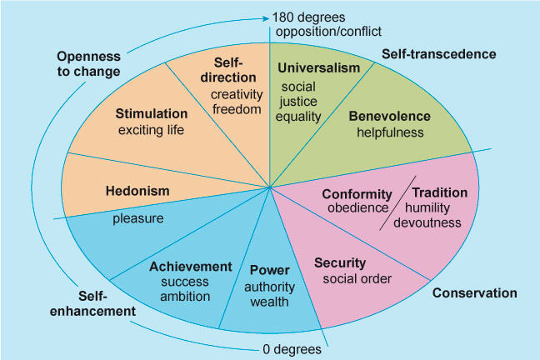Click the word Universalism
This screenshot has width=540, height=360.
coord(318,67)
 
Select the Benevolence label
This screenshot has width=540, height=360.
coord(389,116)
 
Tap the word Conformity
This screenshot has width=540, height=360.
coord(357,193)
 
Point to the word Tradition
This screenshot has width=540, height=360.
coord(440,192)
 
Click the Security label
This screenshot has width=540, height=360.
coord(340,262)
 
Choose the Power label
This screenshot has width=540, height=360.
coord(269,270)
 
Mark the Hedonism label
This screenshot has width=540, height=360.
coord(137,191)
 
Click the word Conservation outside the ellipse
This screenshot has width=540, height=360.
coord(474,292)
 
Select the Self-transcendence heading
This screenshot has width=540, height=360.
coord(439,54)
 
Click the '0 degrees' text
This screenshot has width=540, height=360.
coord(290,349)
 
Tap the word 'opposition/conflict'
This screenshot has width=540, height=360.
coord(327,32)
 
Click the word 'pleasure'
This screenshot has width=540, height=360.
coord(138,218)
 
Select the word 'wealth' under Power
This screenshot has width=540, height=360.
coord(268,301)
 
